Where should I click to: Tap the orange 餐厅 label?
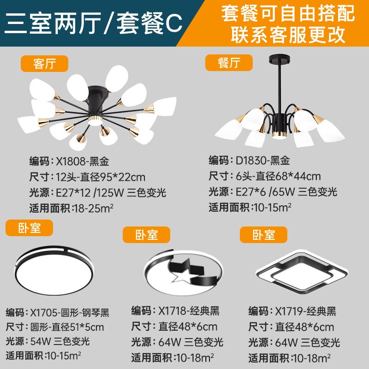tap(229, 62)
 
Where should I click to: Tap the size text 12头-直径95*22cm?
tap(101, 177)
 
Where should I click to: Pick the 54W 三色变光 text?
tap(60, 341)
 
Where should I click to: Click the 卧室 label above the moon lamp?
tap(146, 234)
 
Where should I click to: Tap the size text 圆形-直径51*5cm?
tap(67, 327)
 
